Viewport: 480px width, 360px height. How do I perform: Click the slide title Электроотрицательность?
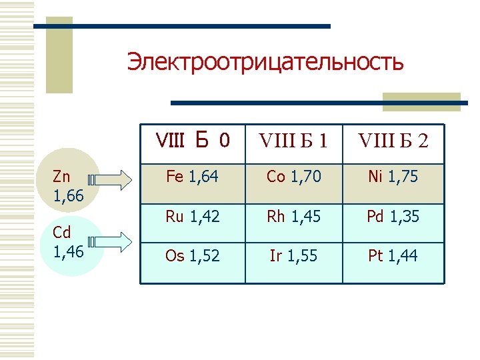[x=265, y=62]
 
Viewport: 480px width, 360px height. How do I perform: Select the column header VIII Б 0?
[x=193, y=140]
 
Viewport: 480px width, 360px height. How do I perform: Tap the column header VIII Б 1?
[x=293, y=141]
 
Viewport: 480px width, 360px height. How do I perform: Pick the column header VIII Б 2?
[x=393, y=141]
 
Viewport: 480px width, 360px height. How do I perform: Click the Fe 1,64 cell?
[x=193, y=177]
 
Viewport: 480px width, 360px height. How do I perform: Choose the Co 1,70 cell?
[x=293, y=177]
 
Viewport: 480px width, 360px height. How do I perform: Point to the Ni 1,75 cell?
[x=393, y=177]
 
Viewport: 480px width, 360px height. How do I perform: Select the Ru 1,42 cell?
[x=193, y=217]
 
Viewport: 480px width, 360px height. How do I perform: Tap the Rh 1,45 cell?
[x=293, y=217]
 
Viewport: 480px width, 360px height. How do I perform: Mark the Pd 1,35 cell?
[x=393, y=217]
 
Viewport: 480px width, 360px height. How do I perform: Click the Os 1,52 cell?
[x=193, y=256]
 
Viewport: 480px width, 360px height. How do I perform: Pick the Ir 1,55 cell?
[x=293, y=256]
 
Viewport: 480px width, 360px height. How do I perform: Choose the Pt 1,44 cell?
[x=393, y=256]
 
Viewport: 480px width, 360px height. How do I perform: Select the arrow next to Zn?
[x=113, y=179]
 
